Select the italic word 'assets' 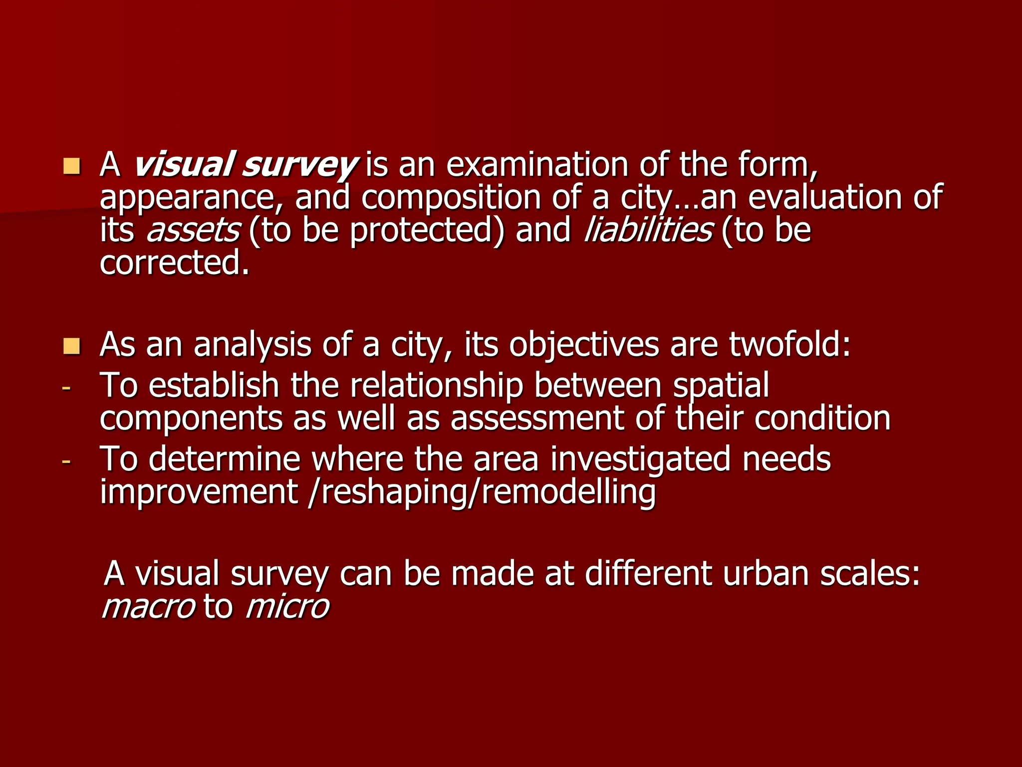click(x=193, y=231)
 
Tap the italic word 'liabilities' click(x=648, y=230)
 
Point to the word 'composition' click(x=451, y=198)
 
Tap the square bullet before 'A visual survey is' click(x=72, y=166)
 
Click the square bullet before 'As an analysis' click(x=72, y=346)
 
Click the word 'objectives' click(x=584, y=346)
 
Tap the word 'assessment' click(x=537, y=418)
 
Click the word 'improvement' click(x=199, y=492)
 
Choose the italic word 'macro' click(x=148, y=607)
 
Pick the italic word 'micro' click(x=287, y=607)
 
